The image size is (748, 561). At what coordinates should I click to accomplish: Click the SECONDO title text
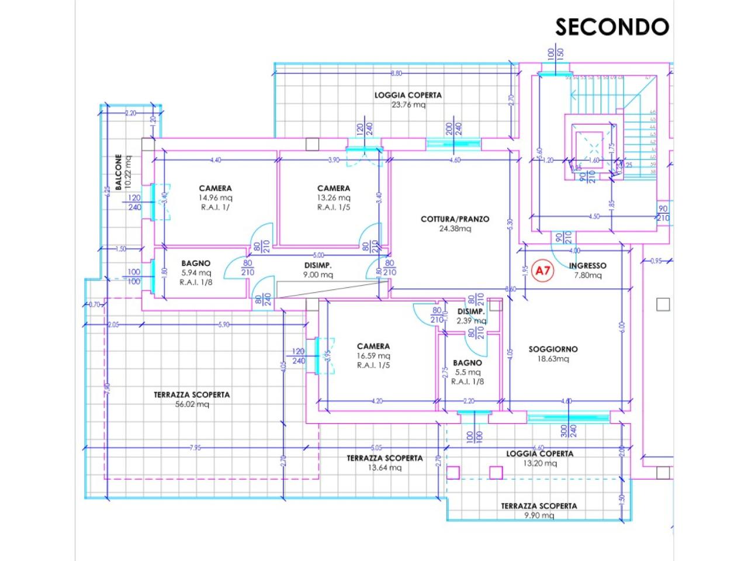click(611, 27)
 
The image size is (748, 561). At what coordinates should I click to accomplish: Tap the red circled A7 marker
click(543, 271)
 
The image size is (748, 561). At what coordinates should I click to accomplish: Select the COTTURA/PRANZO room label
click(455, 219)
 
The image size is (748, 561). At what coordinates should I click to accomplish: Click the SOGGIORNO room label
click(553, 349)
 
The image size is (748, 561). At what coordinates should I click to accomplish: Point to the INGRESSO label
click(587, 265)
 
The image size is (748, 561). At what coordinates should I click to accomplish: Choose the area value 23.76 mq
click(408, 105)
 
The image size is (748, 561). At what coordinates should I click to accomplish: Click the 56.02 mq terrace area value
click(191, 404)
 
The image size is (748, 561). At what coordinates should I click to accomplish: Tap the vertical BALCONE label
click(119, 172)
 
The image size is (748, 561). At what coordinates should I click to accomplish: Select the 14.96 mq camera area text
click(215, 198)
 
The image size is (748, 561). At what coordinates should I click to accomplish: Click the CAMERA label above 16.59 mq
click(373, 346)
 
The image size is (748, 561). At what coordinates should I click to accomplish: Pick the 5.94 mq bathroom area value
click(196, 272)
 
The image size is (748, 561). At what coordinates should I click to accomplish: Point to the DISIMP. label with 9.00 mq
click(318, 265)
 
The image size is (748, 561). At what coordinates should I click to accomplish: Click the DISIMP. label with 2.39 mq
click(471, 311)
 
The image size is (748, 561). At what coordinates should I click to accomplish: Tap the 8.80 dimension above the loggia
click(396, 73)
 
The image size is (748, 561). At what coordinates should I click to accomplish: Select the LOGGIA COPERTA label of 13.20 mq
click(539, 453)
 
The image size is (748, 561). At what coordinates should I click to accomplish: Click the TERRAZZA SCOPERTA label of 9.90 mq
click(538, 506)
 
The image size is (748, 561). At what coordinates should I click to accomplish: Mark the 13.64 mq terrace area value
click(384, 467)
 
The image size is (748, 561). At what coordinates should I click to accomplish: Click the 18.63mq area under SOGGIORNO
click(553, 359)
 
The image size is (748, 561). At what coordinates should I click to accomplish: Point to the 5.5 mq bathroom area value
click(467, 372)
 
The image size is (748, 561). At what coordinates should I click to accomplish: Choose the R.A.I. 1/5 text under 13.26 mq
click(333, 207)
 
